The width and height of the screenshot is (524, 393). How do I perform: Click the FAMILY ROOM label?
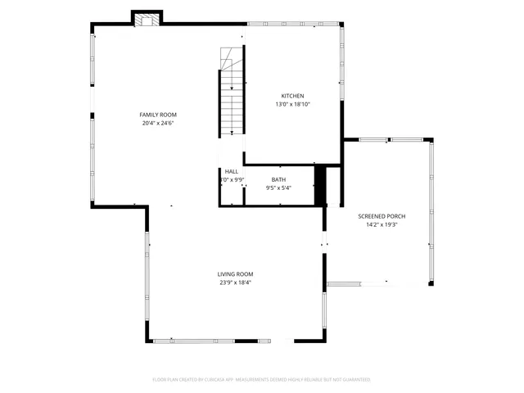click(157, 115)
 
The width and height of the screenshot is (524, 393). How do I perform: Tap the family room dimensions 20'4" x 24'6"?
click(157, 123)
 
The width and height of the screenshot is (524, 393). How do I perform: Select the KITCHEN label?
click(292, 96)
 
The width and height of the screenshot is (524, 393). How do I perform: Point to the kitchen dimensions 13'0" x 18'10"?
click(292, 104)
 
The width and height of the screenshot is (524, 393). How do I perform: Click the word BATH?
click(278, 180)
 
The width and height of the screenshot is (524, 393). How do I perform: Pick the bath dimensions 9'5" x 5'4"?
click(278, 188)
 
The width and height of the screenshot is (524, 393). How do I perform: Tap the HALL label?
click(232, 171)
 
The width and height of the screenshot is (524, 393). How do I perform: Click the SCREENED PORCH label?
click(382, 216)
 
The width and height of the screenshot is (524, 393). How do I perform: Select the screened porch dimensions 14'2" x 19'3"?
click(382, 224)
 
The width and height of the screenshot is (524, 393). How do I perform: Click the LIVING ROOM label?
click(235, 274)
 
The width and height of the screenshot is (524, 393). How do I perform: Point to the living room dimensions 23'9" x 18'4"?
click(235, 282)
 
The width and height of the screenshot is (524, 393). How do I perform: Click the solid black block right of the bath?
click(320, 185)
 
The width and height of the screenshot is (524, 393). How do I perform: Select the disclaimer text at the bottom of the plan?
click(261, 380)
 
